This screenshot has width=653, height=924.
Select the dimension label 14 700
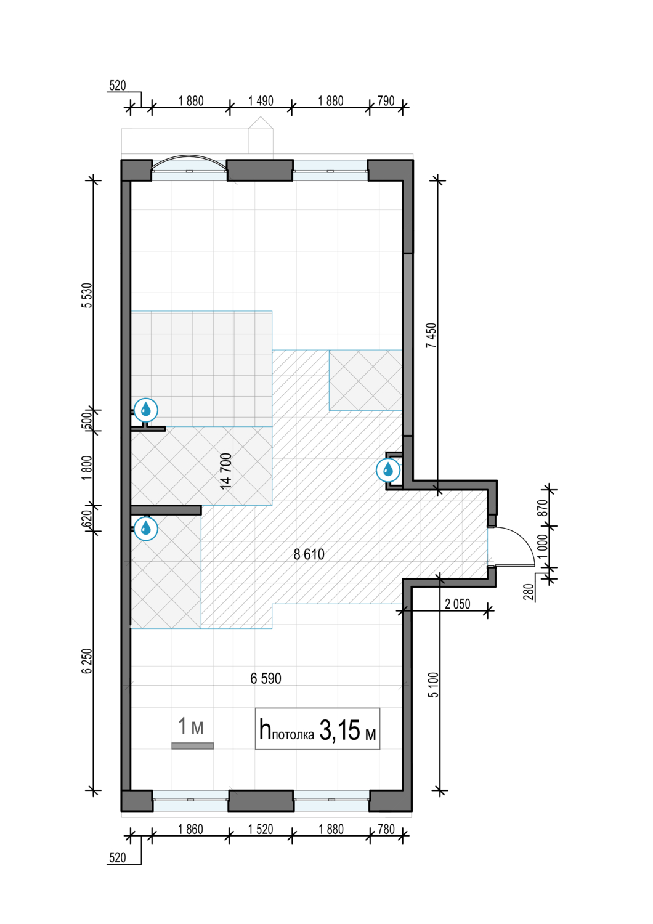[x=226, y=471]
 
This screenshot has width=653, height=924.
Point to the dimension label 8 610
[x=309, y=554]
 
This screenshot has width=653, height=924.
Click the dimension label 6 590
[x=266, y=679]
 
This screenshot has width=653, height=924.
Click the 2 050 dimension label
[x=458, y=604]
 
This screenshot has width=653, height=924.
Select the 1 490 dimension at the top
[x=261, y=101]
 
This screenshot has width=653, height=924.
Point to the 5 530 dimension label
[x=87, y=295]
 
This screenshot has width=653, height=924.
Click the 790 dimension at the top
[x=386, y=101]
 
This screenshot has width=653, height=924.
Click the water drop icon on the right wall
[x=388, y=469]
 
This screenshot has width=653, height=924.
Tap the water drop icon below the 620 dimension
[x=145, y=528]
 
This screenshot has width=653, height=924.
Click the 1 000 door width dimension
[x=543, y=547]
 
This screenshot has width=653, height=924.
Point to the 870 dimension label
[x=543, y=508]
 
